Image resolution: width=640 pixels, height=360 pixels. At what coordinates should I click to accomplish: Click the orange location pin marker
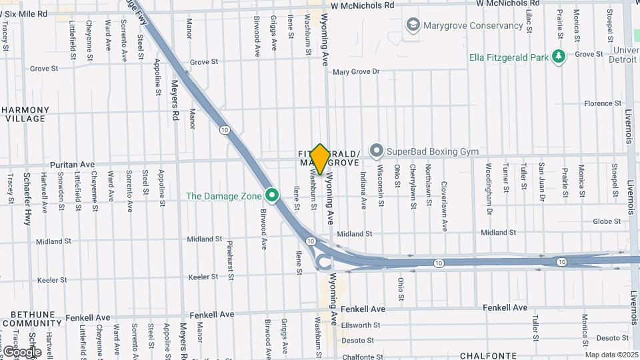[320, 159]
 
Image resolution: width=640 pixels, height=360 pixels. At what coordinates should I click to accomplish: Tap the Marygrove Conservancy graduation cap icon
[413, 25]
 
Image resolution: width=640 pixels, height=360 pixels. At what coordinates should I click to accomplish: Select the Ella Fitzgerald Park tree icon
[559, 57]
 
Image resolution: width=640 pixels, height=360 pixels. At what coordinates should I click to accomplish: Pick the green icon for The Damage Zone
[271, 195]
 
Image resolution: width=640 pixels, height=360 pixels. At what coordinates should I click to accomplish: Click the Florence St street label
[598, 103]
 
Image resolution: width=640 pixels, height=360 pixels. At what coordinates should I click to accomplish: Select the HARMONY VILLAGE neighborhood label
[25, 114]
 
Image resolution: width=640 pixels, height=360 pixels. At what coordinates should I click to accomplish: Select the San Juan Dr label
[542, 182]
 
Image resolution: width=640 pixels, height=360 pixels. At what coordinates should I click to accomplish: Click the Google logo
[21, 351]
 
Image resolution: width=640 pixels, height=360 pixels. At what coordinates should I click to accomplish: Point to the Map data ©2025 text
[611, 355]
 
